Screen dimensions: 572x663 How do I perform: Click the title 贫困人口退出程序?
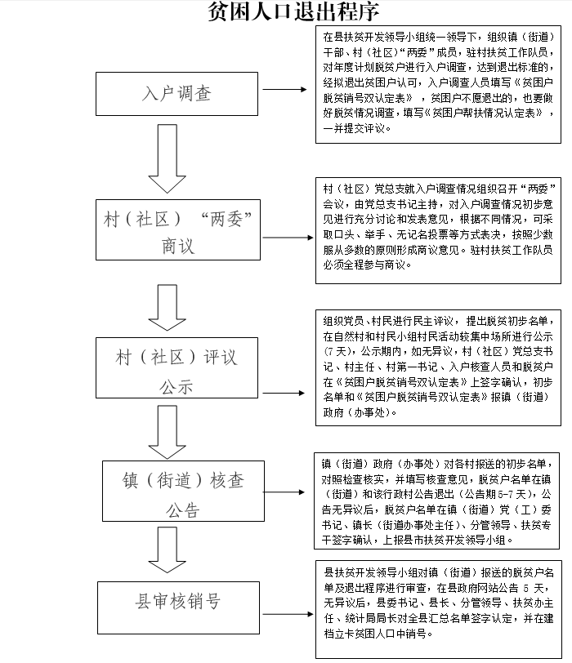click(293, 11)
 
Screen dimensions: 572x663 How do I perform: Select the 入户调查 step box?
click(177, 94)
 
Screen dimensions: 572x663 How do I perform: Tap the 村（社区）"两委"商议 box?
click(178, 229)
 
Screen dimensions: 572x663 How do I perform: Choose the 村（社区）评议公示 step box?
click(177, 367)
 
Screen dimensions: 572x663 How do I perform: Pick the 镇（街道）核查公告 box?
click(183, 491)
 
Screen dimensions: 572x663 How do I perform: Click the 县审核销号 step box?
click(178, 607)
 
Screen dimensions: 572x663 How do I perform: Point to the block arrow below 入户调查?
click(168, 159)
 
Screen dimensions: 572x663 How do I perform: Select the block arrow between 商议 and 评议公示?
click(168, 307)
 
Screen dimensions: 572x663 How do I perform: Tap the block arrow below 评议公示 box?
click(168, 432)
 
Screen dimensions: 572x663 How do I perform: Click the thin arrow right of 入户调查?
click(284, 89)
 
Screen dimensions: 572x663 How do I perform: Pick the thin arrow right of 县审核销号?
click(288, 614)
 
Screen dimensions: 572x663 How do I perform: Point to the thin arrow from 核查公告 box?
click(284, 492)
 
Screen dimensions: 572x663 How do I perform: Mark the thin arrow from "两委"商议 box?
click(288, 238)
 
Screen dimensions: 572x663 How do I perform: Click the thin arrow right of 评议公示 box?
click(284, 394)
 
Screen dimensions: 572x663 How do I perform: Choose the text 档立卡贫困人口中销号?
click(375, 634)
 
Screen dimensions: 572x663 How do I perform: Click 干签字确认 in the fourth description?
click(346, 540)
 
